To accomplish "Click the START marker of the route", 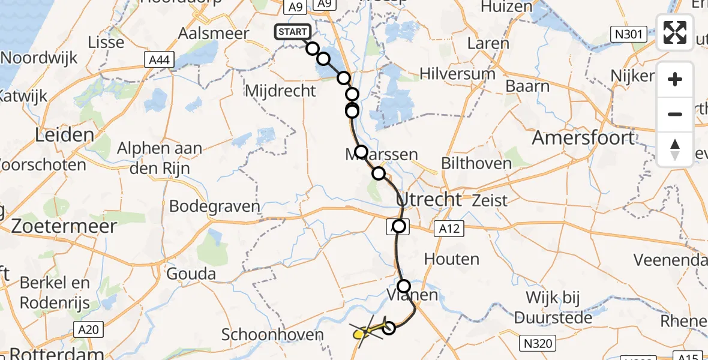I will click(x=293, y=32).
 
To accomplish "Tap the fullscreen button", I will click(x=675, y=32).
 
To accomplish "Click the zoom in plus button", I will click(x=675, y=79).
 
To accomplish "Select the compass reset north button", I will click(x=675, y=149).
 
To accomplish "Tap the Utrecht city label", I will click(x=430, y=199).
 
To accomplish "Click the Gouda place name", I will click(x=192, y=274).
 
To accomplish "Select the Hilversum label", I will click(x=457, y=74).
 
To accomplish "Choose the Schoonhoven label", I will click(x=272, y=335).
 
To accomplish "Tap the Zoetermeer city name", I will click(x=58, y=227).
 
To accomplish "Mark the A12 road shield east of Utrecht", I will click(x=449, y=228).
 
